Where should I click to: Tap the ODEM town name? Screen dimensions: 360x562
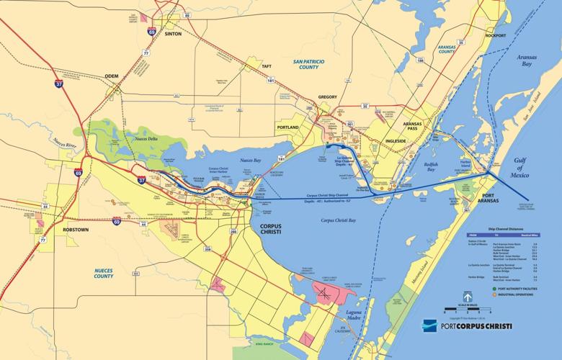tap(112, 75)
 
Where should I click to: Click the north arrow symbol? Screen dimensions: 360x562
tap(467, 295)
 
